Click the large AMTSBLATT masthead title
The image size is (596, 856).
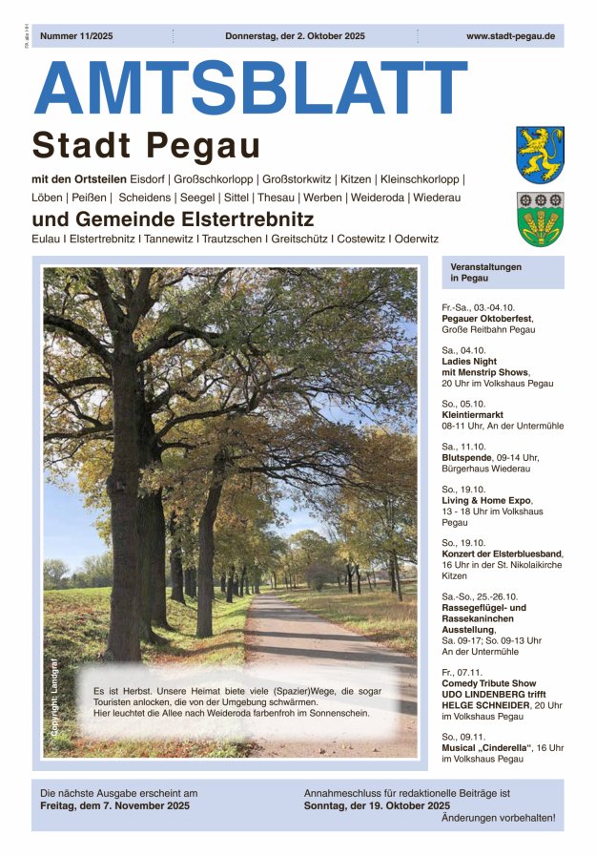click(x=250, y=89)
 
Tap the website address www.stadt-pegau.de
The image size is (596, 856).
click(x=510, y=36)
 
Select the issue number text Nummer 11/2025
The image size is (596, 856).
click(x=78, y=36)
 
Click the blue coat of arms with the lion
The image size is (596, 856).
click(x=540, y=154)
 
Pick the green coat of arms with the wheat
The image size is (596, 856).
click(x=540, y=219)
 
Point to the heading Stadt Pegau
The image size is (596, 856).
click(x=146, y=146)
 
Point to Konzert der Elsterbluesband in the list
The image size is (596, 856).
click(x=502, y=553)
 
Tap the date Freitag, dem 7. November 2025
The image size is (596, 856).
click(x=115, y=806)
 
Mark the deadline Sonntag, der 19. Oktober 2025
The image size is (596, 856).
click(x=380, y=806)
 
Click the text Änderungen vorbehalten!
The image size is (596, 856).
click(x=498, y=819)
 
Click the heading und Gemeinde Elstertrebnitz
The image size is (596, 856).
click(x=173, y=219)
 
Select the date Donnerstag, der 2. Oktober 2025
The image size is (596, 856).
click(x=295, y=36)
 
